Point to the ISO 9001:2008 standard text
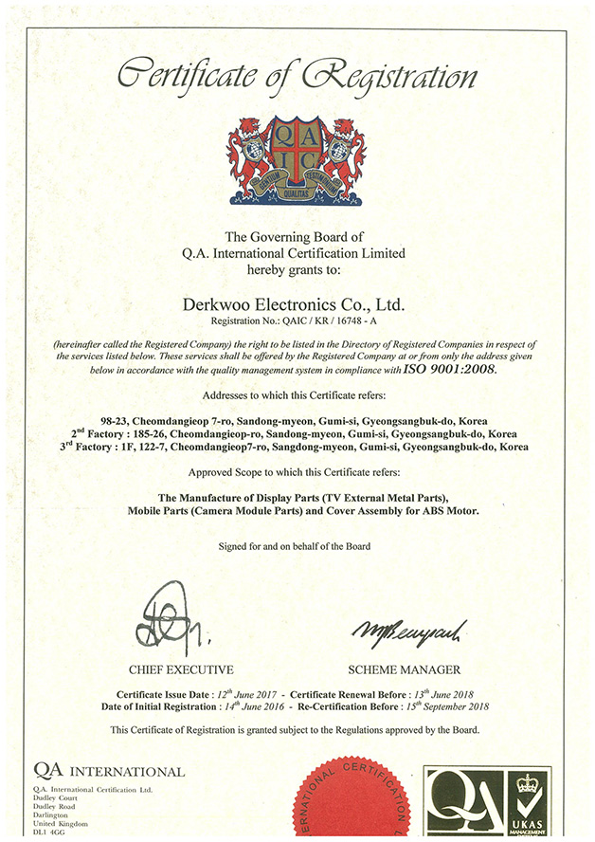point(449,370)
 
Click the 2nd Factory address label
point(105,430)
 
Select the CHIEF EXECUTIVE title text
point(181,669)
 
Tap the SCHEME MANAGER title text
point(405,669)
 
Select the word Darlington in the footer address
point(51,815)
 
